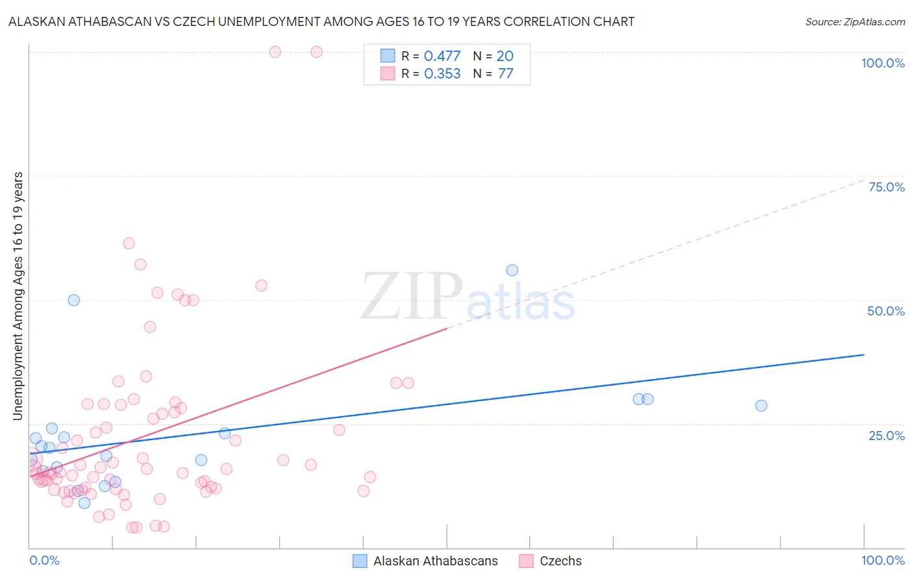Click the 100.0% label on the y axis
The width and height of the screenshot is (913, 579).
(x=882, y=63)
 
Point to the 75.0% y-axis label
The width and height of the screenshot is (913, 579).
(x=886, y=187)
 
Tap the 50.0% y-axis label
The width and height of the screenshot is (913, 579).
(x=886, y=311)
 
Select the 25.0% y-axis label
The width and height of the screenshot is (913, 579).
(x=886, y=436)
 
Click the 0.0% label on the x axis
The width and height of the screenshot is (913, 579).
(x=44, y=560)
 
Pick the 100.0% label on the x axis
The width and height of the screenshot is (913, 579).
(x=882, y=560)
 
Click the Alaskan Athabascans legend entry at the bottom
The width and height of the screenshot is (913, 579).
(x=435, y=561)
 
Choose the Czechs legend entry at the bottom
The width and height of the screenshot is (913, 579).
(x=560, y=561)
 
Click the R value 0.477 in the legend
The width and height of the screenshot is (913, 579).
(x=442, y=56)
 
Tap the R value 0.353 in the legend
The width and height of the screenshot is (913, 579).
(x=442, y=74)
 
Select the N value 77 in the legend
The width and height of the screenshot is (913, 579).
(x=505, y=74)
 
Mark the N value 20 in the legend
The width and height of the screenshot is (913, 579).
(x=505, y=56)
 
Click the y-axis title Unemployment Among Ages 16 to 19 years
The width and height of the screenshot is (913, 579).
(x=18, y=295)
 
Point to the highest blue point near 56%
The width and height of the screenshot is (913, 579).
(x=512, y=270)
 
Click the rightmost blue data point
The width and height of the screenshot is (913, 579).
(x=761, y=406)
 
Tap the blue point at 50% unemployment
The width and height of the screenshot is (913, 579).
(x=74, y=300)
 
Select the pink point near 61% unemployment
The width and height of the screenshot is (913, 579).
(x=129, y=243)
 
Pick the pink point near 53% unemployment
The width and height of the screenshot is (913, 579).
(x=261, y=286)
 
